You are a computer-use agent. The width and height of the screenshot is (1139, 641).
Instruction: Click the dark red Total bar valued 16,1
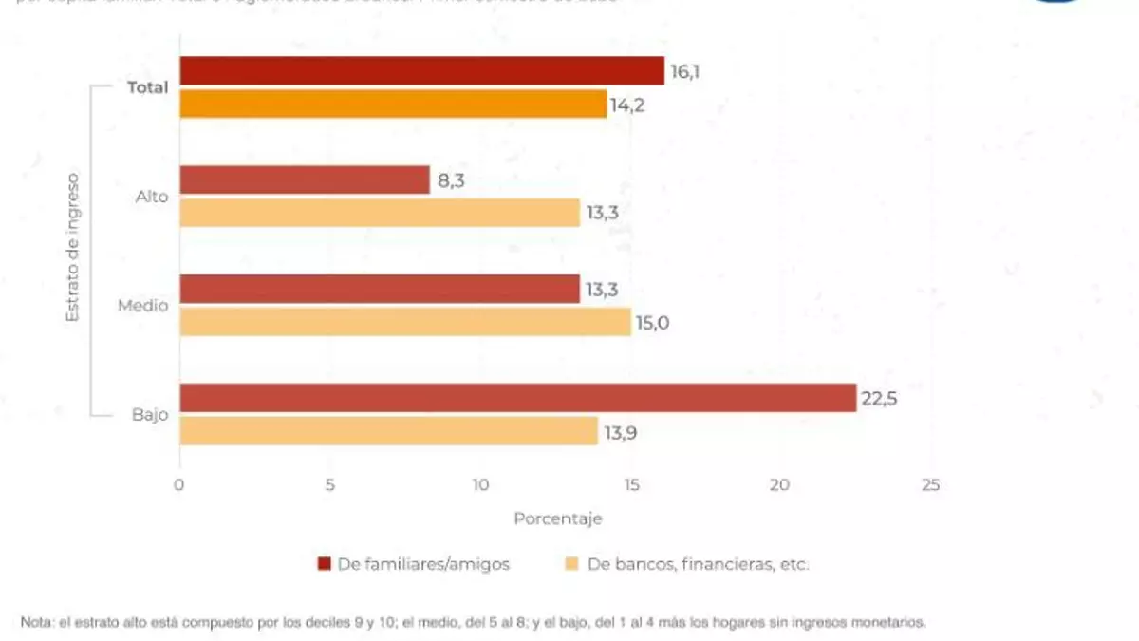(x=421, y=71)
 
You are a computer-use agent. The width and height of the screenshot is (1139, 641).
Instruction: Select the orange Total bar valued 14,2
(x=393, y=104)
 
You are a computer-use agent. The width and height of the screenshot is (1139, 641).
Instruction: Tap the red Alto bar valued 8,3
(x=305, y=180)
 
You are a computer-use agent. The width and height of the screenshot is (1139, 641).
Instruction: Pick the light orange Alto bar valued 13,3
(x=380, y=213)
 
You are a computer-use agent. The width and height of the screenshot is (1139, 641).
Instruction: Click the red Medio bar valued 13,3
(x=380, y=290)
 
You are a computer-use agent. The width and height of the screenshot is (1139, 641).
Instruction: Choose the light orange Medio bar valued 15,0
(x=405, y=322)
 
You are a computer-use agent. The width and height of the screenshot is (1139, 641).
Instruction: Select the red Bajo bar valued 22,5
(x=518, y=398)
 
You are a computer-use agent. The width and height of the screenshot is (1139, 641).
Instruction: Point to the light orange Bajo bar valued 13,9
(x=388, y=431)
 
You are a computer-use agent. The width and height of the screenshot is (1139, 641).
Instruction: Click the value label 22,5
(x=879, y=399)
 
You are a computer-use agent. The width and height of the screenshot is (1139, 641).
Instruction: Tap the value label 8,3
(x=452, y=180)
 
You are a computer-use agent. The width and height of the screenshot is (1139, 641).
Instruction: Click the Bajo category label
(x=150, y=415)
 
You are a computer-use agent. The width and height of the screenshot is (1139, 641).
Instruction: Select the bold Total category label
(x=147, y=87)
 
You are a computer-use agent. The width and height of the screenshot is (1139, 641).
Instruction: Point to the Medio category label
(x=143, y=306)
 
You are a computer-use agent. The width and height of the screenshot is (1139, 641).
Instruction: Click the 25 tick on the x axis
(x=930, y=485)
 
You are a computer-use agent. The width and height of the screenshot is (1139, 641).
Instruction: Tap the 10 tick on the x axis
(x=480, y=485)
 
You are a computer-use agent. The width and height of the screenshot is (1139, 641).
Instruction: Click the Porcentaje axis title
(x=557, y=519)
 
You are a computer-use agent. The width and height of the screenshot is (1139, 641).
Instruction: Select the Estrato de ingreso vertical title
(x=73, y=247)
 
